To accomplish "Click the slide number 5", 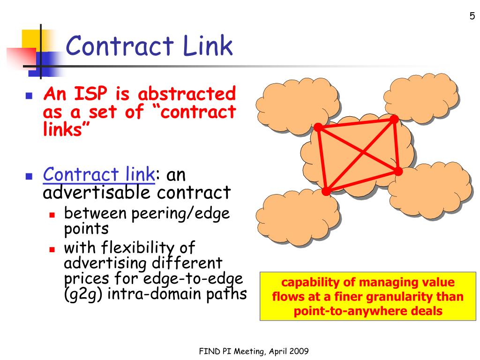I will pos(472,16).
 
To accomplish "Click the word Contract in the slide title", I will pos(120,46).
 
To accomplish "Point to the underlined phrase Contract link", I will pos(99,175).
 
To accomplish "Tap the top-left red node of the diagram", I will pos(318,127).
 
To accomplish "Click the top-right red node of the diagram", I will pos(394,120).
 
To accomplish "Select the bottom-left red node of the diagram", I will pos(326,191).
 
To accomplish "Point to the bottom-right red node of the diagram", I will pos(398,172).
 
